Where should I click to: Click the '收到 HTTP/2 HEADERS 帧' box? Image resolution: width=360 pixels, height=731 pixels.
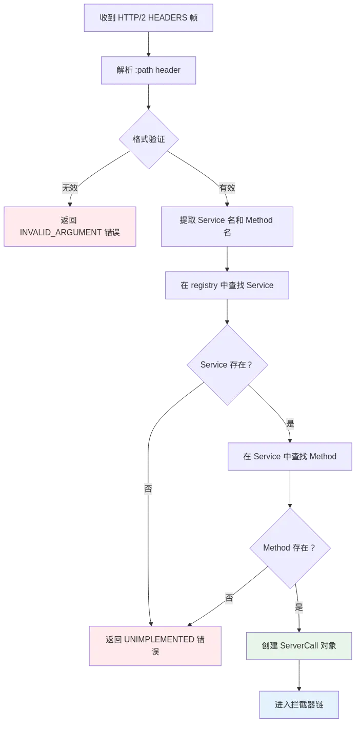pos(148,17)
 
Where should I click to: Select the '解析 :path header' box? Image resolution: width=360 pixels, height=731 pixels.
pos(148,70)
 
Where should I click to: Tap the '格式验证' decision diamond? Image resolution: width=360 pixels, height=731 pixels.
pos(149,139)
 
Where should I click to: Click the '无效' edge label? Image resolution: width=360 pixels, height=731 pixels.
pos(70,188)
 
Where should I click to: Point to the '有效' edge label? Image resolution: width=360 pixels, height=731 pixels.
pos(227,188)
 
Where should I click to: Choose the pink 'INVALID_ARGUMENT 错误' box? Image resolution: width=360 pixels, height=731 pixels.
pos(70,227)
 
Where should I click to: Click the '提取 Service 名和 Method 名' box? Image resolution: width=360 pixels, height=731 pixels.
pos(227,226)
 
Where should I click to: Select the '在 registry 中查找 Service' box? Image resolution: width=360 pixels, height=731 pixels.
pos(227,285)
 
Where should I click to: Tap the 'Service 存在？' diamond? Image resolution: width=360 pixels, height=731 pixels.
pos(227,365)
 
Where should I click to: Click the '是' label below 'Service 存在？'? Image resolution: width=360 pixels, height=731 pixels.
pos(290,423)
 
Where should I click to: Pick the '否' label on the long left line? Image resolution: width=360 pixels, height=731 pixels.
pos(149,489)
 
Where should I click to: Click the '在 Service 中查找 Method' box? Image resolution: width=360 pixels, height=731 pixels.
pos(290,456)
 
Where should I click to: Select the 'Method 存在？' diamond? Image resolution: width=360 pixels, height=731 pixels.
pos(290,547)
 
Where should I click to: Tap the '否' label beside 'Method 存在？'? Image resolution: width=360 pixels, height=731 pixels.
pos(229,598)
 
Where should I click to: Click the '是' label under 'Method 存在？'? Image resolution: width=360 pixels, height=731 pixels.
pos(298,608)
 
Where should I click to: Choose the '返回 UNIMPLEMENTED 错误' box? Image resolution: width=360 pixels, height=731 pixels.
pos(155,645)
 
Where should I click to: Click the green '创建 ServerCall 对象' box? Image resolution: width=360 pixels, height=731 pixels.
pos(299,645)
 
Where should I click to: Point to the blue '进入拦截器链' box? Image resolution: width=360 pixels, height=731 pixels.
pos(299,705)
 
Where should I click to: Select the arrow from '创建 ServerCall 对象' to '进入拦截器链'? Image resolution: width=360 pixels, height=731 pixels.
pos(299,675)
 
